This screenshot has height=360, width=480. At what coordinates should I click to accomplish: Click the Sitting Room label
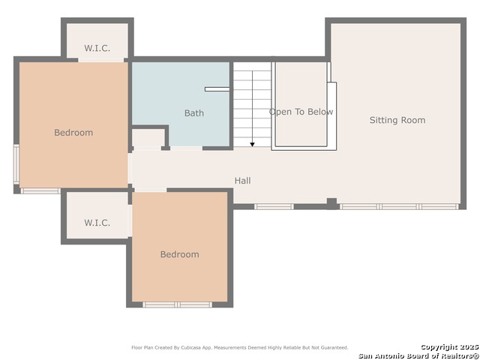coord(397,120)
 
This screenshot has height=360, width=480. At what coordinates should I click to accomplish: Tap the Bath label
coord(194,113)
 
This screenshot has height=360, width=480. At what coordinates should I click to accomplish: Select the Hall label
coord(243,181)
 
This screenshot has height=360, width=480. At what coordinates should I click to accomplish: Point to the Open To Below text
coord(301,112)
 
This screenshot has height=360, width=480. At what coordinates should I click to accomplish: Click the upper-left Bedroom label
coord(73,133)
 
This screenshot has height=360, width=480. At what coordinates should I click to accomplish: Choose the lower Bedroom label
coord(180,254)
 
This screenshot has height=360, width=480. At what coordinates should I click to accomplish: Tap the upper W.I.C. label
coord(97,48)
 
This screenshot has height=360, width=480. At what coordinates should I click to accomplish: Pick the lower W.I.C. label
coord(97,223)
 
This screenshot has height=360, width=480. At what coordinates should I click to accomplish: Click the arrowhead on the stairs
coord(252,145)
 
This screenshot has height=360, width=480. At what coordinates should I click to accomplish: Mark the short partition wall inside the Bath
coord(217,89)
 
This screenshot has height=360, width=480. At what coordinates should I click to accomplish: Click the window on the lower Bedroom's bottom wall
coord(177,304)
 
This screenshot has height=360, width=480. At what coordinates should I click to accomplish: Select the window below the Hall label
coord(274,207)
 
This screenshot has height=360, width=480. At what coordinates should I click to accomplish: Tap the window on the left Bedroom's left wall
coord(16,165)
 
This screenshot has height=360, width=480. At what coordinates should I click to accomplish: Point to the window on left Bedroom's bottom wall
coord(40,191)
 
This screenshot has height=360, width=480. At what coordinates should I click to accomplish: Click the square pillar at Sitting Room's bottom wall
coord(331,203)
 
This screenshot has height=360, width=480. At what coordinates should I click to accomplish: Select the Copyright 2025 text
coord(449,347)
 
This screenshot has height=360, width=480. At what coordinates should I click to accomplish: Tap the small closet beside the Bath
coord(148,138)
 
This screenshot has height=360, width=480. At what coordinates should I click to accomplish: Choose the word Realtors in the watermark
coord(460,355)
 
